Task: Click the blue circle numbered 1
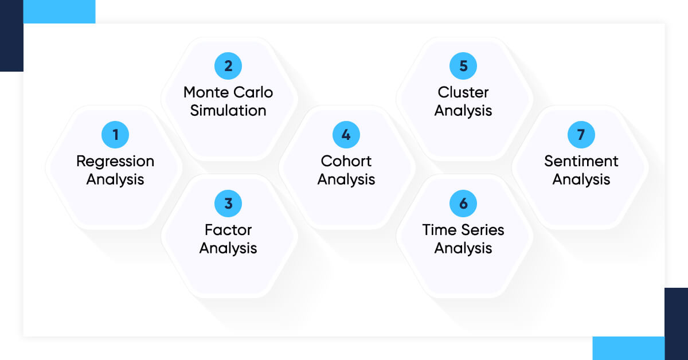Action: point(115,135)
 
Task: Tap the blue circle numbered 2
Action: point(228,66)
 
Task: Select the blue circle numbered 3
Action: point(228,204)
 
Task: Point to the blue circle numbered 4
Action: point(346,135)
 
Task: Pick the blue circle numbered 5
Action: point(463,66)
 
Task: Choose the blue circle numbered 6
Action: point(463,204)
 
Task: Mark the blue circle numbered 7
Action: point(581,135)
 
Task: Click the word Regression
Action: point(115,162)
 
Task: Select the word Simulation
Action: point(228,111)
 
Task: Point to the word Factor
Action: point(228,230)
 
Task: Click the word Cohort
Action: point(346,161)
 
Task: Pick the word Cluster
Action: point(463,92)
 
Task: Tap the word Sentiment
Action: point(581,161)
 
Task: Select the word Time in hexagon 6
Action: point(436,230)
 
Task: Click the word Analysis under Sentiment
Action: point(581,179)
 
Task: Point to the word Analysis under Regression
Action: point(115,179)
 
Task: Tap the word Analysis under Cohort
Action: point(346,179)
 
